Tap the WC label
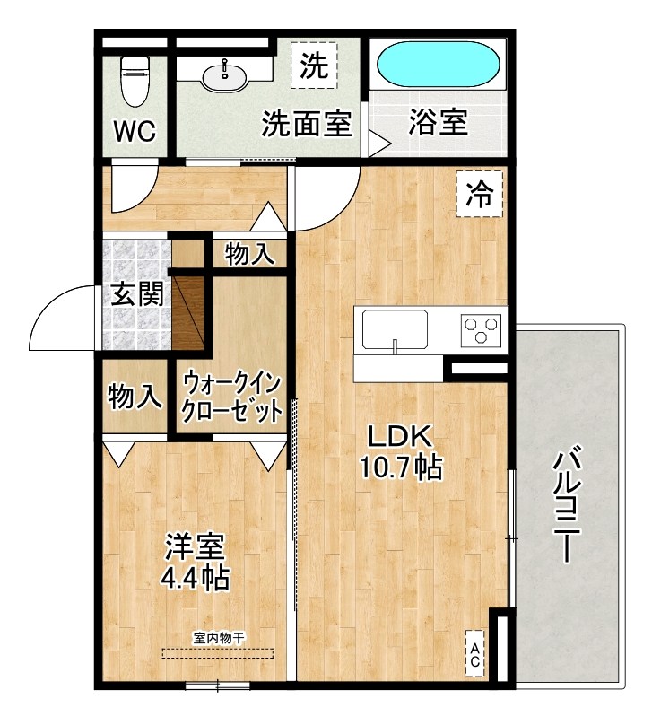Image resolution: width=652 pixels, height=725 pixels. pos(135,131)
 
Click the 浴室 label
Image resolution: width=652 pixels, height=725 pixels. pos(438,122)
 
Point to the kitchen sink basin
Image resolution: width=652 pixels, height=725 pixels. pos(396,329)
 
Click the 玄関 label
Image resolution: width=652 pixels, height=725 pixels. pos(137,293)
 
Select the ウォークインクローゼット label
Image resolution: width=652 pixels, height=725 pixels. pos(232,397)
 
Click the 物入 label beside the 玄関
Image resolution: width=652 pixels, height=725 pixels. pos(135,395)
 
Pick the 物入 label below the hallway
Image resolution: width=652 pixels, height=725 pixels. pos(249,255)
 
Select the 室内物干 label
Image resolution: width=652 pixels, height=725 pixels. pos(218,638)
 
